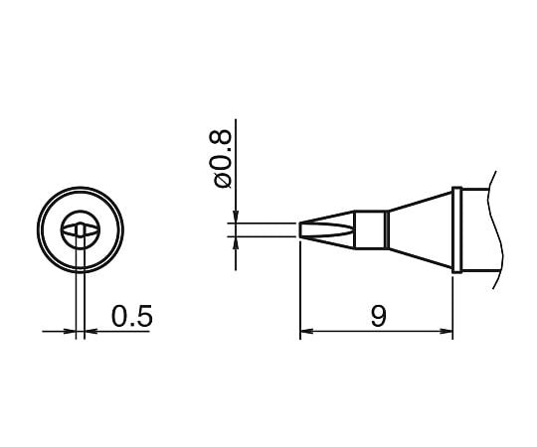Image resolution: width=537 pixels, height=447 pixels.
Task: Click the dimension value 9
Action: pos(377,317)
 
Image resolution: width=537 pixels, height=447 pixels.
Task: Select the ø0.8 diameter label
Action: pos(222,157)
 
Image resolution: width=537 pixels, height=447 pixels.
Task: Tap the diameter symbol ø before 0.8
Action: pos(222,179)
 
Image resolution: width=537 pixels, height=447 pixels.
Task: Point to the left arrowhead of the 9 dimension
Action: pos(305,332)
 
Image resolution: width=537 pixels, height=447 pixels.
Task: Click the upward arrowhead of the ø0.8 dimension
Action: pos(236,244)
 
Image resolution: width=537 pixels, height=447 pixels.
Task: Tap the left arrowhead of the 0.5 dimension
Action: pos(71,332)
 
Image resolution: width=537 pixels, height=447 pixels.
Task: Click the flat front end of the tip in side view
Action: pos(300,230)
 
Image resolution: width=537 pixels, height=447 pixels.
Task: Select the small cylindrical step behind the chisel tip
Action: pos(370,229)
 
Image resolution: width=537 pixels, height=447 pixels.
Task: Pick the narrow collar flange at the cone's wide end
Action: pos(455,229)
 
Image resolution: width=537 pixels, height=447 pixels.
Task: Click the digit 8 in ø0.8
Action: pos(222,138)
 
